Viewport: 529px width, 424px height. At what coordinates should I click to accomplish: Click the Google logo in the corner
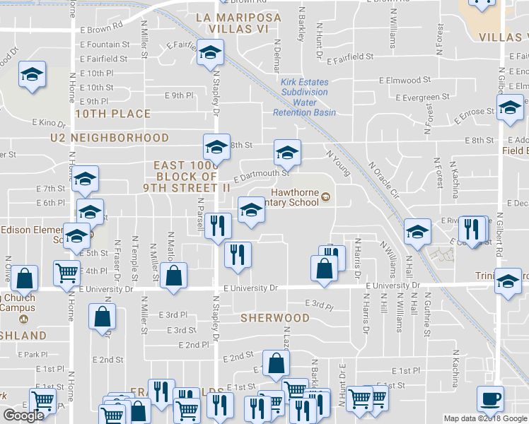pyautogui.click(x=24, y=416)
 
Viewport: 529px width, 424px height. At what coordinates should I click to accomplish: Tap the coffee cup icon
pyautogui.click(x=490, y=399)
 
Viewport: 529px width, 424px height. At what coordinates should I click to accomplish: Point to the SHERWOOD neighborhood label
pyautogui.click(x=275, y=318)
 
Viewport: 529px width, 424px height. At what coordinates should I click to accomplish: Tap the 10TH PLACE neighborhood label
pyautogui.click(x=113, y=114)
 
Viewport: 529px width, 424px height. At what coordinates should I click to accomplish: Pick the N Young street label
pyautogui.click(x=338, y=162)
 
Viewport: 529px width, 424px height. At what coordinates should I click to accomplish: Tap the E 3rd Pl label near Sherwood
pyautogui.click(x=319, y=304)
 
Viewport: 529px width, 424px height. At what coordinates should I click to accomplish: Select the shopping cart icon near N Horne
pyautogui.click(x=66, y=271)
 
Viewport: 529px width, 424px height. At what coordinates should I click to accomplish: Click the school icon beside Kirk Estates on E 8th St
pyautogui.click(x=287, y=153)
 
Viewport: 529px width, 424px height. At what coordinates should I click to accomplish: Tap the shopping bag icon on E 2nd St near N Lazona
pyautogui.click(x=275, y=363)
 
